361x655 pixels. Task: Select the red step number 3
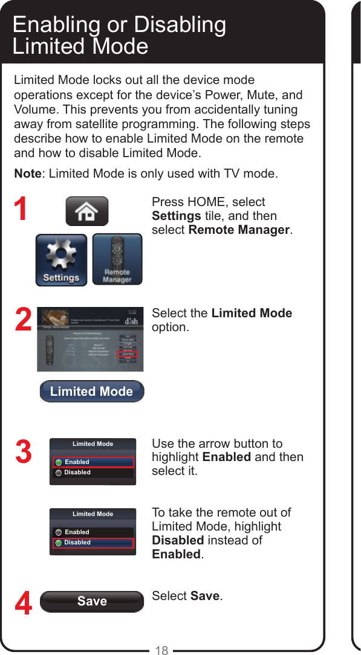(x=22, y=453)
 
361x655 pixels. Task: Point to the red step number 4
(x=22, y=604)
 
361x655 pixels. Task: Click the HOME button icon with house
(x=86, y=211)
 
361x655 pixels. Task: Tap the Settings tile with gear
(x=61, y=260)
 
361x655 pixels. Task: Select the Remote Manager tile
(x=117, y=260)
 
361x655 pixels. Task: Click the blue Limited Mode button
(x=91, y=392)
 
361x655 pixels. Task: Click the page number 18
(x=161, y=650)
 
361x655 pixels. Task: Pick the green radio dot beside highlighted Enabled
(x=59, y=462)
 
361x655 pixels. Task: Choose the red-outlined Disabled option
(x=93, y=543)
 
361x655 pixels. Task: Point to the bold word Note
(x=27, y=174)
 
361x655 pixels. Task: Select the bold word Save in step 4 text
(x=205, y=596)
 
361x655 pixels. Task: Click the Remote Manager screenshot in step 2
(x=90, y=339)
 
